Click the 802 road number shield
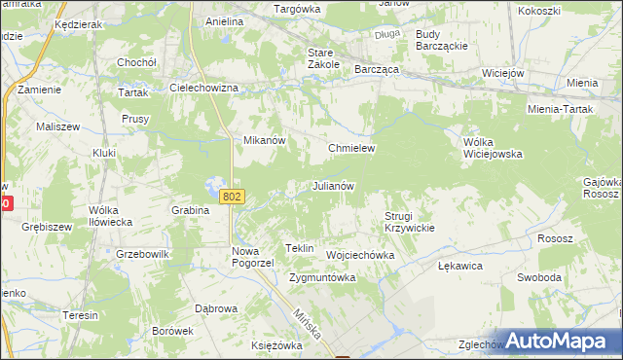pos(232,197)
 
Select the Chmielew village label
pos(351,148)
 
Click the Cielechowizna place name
pos(204,88)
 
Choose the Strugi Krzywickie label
pos(409,221)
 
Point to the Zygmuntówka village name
pos(322,277)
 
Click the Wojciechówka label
pos(360,255)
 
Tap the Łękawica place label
pos(460,265)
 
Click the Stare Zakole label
pos(323,57)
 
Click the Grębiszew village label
pos(47,227)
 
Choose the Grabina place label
pos(191,209)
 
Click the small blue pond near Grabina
pos(214,184)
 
